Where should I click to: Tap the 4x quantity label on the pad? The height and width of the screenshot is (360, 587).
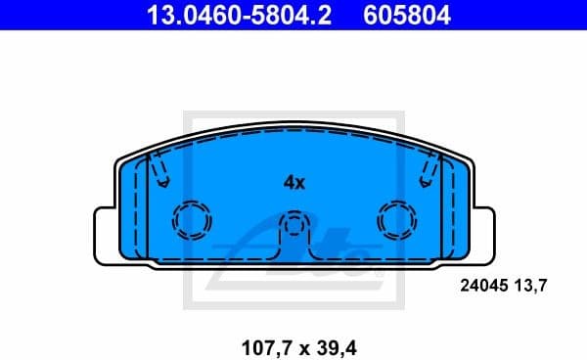tap(294, 182)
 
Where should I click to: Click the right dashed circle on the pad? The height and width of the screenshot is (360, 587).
tap(397, 221)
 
